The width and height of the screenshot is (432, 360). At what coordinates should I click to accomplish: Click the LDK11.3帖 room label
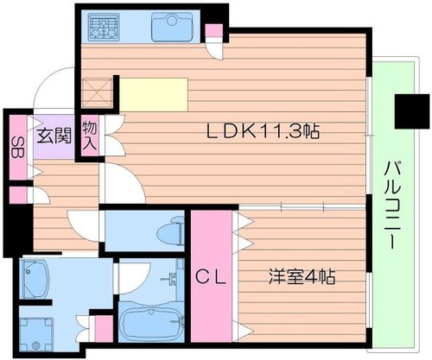coord(264,132)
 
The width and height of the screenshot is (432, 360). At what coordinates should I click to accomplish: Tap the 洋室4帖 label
coord(302,276)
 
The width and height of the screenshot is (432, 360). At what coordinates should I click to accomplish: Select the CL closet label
coord(211,277)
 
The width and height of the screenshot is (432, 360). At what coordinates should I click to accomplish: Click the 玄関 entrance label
coord(54,136)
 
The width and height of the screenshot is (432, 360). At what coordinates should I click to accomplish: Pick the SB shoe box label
coord(18,147)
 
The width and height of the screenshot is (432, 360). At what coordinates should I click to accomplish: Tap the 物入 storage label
coord(90,136)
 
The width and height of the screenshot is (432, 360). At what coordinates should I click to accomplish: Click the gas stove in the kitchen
coord(104,28)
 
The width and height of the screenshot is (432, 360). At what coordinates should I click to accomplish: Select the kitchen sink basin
coord(172,27)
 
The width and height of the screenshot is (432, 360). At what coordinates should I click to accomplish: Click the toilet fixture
coord(171,231)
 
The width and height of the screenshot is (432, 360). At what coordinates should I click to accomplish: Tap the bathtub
coord(152,321)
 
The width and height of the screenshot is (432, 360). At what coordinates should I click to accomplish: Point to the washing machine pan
coord(36,334)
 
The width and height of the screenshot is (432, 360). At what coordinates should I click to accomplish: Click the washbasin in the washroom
coord(34,279)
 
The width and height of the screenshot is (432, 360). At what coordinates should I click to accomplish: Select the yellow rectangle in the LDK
coord(154,95)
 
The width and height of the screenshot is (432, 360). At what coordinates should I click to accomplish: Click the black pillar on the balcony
coord(412,111)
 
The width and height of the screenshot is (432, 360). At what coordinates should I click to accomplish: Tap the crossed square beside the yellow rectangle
coord(97,92)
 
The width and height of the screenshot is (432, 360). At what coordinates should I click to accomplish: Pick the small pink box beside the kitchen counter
coord(213,30)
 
